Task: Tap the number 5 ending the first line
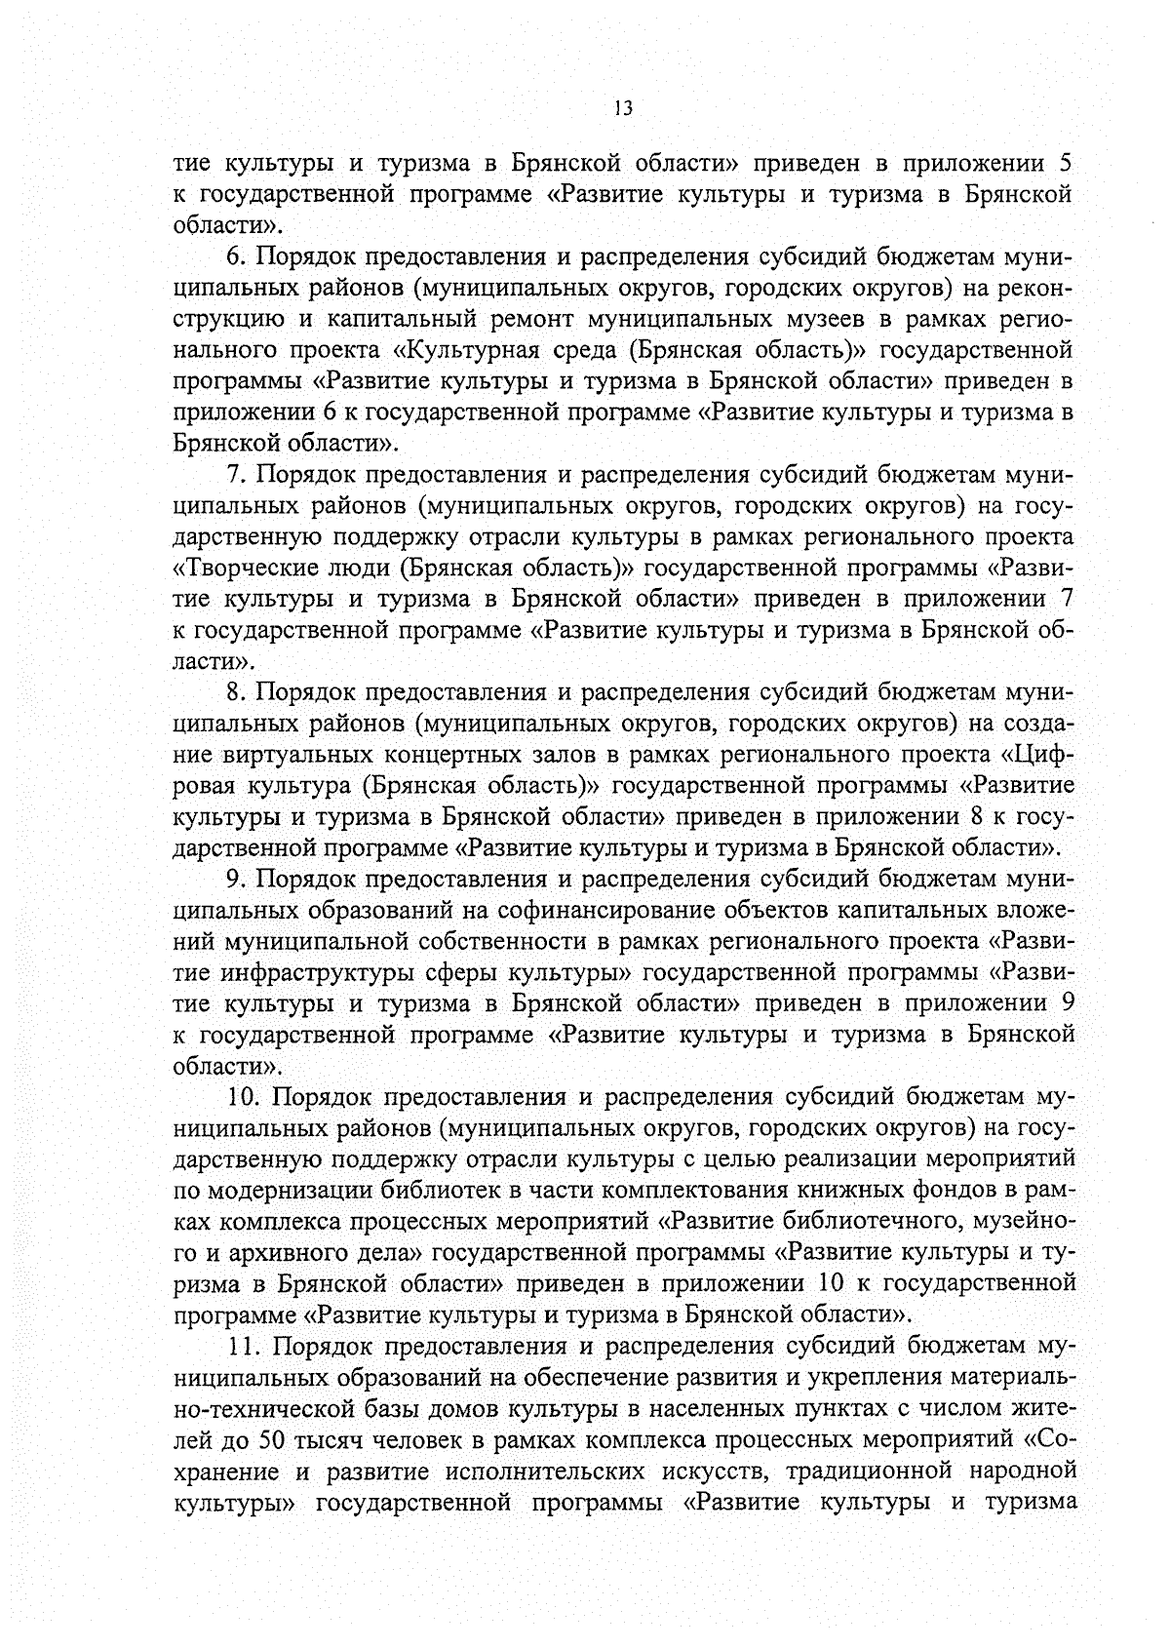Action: coord(1067,163)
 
